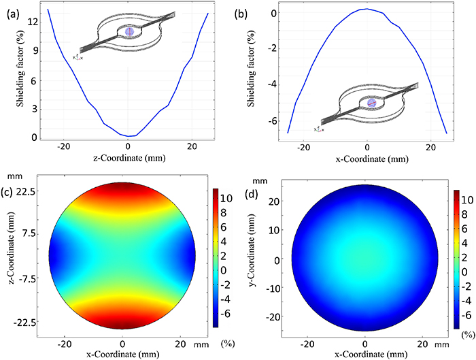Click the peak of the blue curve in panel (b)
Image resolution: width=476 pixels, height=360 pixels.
pyautogui.click(x=367, y=9)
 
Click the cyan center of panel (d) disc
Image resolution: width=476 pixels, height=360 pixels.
pyautogui.click(x=367, y=261)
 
